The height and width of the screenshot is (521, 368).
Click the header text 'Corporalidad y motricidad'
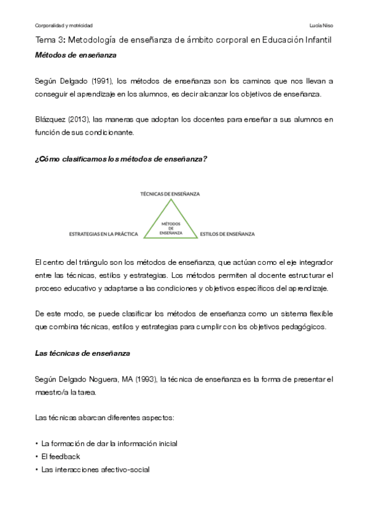coord(64,26)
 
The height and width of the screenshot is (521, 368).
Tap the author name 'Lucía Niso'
coord(322,26)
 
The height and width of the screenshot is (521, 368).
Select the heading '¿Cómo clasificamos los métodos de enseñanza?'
coord(121,159)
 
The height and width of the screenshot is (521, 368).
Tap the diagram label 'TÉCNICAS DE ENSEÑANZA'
coord(170,193)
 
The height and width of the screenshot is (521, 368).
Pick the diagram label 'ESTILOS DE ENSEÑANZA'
coord(228,234)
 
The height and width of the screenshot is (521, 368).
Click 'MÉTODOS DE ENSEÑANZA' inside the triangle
coord(170,227)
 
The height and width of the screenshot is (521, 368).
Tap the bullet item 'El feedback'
coord(60,456)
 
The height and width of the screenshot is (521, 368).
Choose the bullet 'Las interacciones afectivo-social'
coord(95,470)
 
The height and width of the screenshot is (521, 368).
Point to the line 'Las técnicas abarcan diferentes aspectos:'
coord(105,418)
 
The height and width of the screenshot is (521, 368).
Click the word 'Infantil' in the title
coord(314,41)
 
